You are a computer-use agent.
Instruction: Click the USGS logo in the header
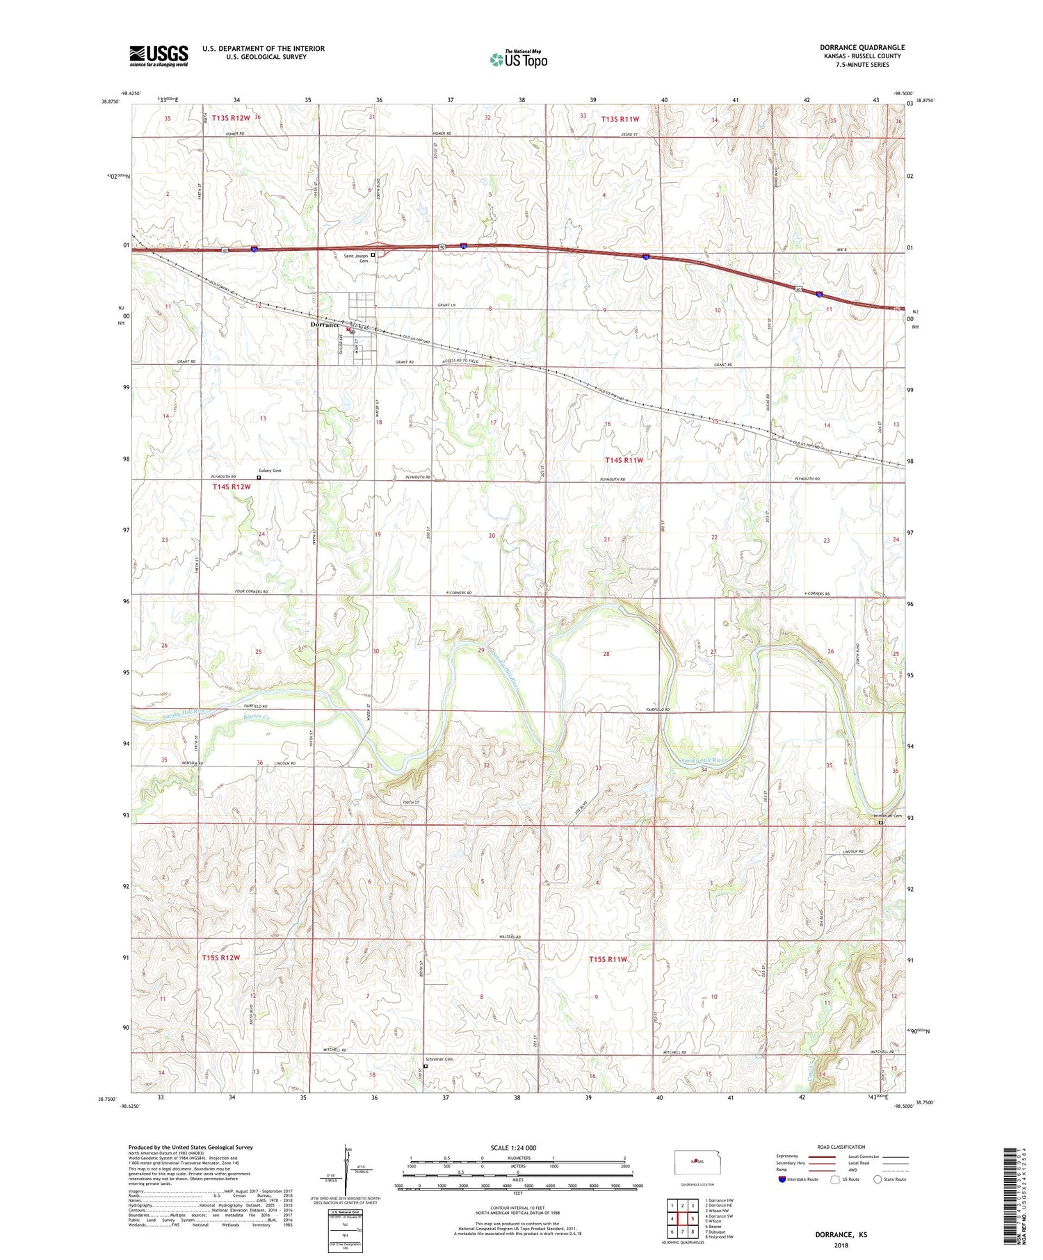pos(159,56)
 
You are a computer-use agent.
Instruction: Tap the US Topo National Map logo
pos(518,59)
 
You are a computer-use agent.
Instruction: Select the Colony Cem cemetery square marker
pos(259,477)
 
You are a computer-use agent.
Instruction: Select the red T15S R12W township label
pos(221,958)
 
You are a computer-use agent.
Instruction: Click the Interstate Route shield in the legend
pos(782,1179)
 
